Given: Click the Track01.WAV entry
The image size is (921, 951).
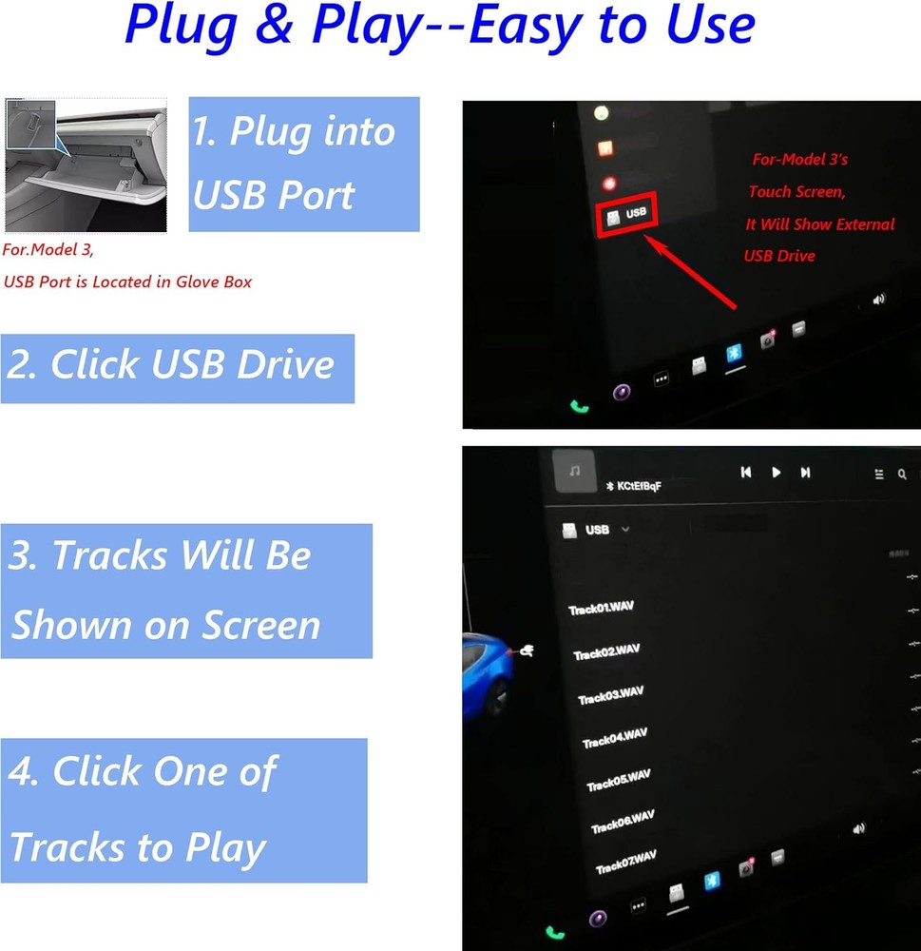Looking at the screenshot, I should click(600, 608).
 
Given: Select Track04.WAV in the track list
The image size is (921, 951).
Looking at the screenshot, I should click(614, 738).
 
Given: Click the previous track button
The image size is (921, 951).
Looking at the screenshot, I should click(746, 472).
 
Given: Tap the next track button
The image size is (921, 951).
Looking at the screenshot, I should click(805, 473).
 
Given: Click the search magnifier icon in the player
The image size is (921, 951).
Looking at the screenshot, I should click(902, 474).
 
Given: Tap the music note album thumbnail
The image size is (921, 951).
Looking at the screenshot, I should click(574, 471).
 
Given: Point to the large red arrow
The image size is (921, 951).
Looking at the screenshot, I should click(692, 274).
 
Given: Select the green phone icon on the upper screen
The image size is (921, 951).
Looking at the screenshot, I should click(579, 406).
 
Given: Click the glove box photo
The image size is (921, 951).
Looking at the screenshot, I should click(86, 164).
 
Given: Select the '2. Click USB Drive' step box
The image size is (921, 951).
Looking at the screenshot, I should click(177, 367).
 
